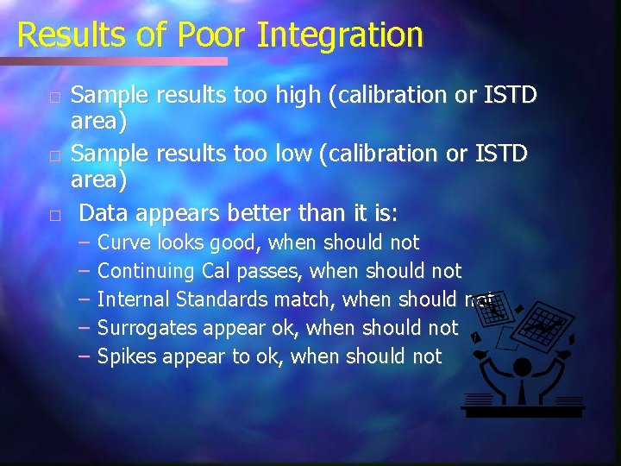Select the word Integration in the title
tap(340, 35)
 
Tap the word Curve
tap(122, 242)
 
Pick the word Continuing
tap(147, 271)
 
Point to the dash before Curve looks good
tap(83, 242)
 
